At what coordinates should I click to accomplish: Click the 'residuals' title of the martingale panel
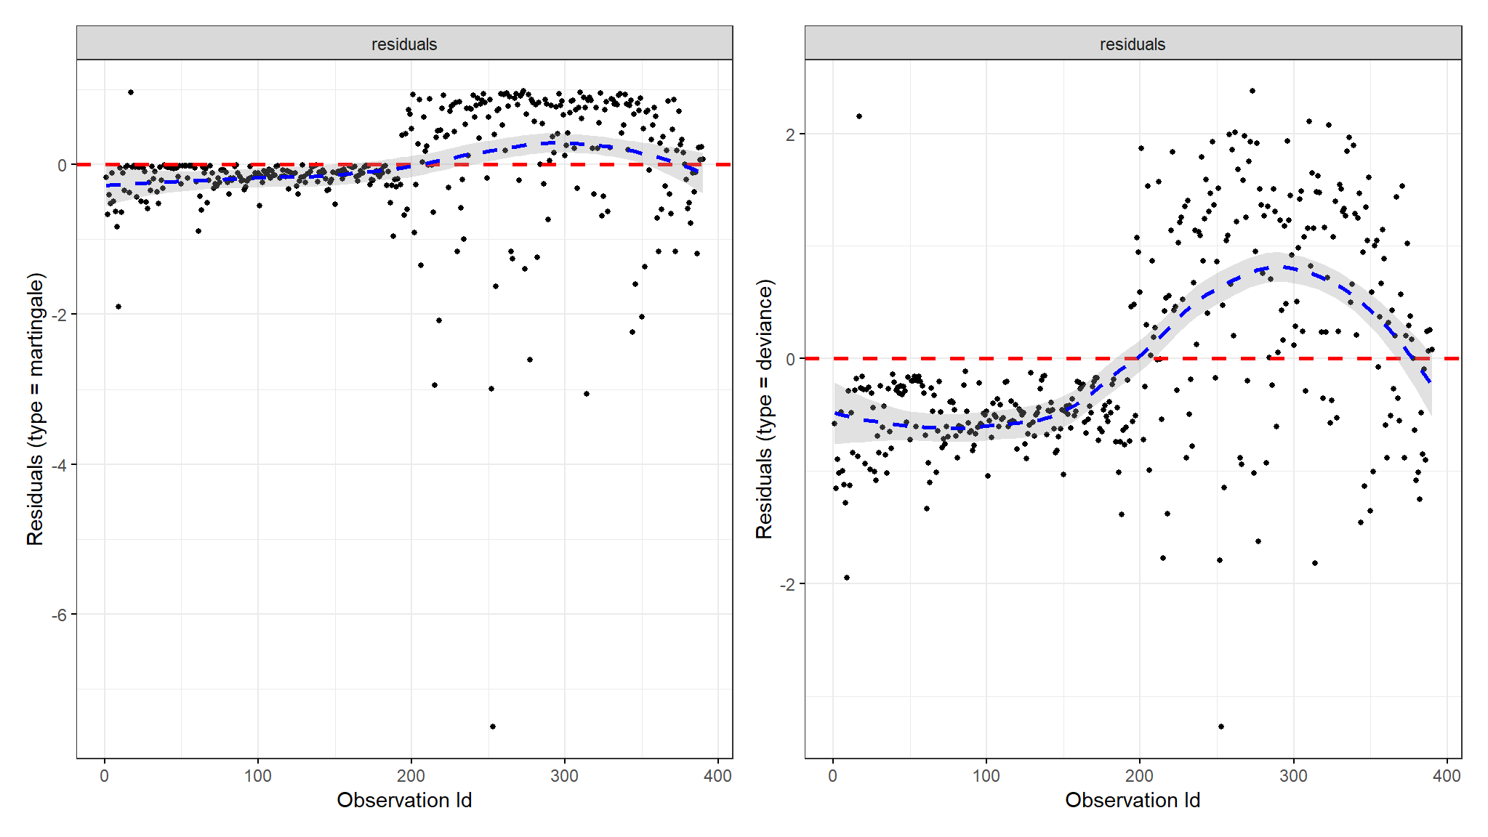point(404,44)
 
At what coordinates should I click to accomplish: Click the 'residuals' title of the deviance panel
point(1132,44)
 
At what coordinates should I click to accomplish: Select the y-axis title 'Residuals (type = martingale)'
point(35,409)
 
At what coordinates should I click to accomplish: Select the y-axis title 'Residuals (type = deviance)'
point(764,409)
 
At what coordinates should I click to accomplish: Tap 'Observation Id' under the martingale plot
point(404,800)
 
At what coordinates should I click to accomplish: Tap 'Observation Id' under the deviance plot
point(1132,800)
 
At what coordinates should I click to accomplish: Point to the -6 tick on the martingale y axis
point(59,615)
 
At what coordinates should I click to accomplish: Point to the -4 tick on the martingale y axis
point(59,465)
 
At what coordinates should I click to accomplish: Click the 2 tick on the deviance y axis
point(790,134)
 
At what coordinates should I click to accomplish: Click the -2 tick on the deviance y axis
point(787,584)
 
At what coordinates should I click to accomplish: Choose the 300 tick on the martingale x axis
point(564,776)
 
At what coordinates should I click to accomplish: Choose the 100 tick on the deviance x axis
point(986,776)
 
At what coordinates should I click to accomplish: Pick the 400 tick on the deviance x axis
point(1446,776)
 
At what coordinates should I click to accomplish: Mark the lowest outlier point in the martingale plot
point(493,727)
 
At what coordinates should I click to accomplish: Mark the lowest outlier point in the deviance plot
point(1221,727)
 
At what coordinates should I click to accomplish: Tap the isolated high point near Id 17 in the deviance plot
point(859,116)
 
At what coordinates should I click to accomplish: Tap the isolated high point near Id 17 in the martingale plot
point(131,92)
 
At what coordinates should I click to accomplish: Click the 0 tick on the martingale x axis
point(105,776)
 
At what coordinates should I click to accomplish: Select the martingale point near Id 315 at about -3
point(587,394)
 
